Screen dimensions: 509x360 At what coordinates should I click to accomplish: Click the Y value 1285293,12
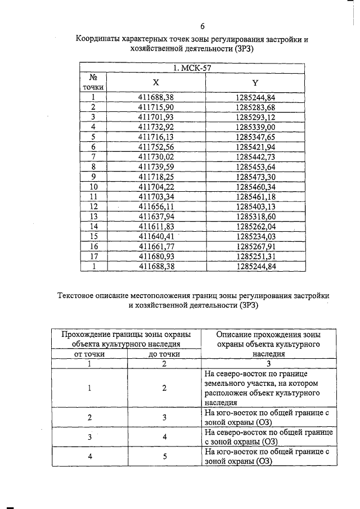(x=255, y=116)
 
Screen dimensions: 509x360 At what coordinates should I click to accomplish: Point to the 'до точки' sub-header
(x=164, y=354)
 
